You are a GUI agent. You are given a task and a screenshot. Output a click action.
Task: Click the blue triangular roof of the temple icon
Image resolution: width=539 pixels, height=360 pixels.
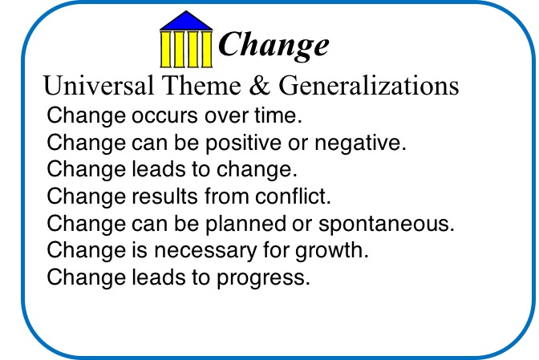(186, 21)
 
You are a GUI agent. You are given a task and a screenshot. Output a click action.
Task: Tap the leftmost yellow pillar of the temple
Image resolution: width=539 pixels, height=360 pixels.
(165, 49)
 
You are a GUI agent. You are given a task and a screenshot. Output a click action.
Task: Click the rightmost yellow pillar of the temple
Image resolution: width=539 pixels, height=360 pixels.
(207, 49)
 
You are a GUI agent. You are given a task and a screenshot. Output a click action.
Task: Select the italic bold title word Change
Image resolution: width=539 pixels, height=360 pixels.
(274, 46)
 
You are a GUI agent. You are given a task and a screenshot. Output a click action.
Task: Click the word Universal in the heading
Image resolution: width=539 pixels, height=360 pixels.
(99, 85)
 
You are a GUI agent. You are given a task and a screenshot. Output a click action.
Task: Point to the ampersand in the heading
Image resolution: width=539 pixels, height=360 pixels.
(260, 85)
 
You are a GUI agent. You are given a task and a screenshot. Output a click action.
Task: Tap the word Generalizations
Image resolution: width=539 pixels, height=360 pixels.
(368, 85)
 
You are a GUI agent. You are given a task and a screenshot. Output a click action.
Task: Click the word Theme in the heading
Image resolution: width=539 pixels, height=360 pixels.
(201, 85)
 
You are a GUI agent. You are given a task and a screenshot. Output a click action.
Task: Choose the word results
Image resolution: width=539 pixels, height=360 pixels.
(165, 196)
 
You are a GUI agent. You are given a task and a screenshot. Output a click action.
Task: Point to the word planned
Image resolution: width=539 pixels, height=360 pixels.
(245, 224)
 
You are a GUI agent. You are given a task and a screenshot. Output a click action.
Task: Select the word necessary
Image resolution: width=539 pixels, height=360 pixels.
(205, 250)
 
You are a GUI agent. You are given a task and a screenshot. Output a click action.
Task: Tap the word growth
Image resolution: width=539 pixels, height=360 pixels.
(329, 250)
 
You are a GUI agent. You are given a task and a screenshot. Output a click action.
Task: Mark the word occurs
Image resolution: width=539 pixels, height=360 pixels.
(165, 115)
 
